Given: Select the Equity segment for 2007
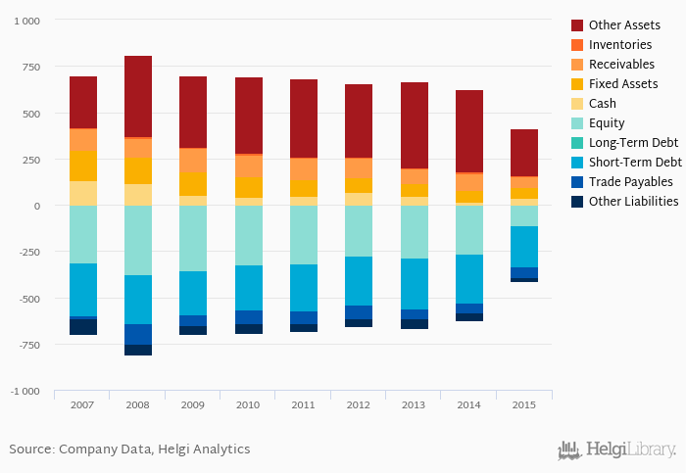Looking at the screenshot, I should [x=83, y=234].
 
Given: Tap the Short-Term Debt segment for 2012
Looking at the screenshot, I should [x=359, y=281].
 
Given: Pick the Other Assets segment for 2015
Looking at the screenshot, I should [x=524, y=153].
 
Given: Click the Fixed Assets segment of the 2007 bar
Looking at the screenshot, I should [x=83, y=166].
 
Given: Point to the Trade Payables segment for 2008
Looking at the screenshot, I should [x=138, y=334].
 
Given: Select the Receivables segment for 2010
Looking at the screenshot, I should [x=249, y=166].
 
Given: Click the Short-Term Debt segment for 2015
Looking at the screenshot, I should [x=524, y=247].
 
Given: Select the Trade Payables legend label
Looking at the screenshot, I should [x=630, y=182].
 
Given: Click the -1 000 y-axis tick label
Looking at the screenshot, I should [x=24, y=392].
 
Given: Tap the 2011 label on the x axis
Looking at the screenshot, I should [x=304, y=404].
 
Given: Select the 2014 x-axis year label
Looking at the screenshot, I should [x=468, y=404].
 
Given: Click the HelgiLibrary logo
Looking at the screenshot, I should [x=616, y=449].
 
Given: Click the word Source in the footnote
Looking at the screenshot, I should [x=31, y=449].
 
